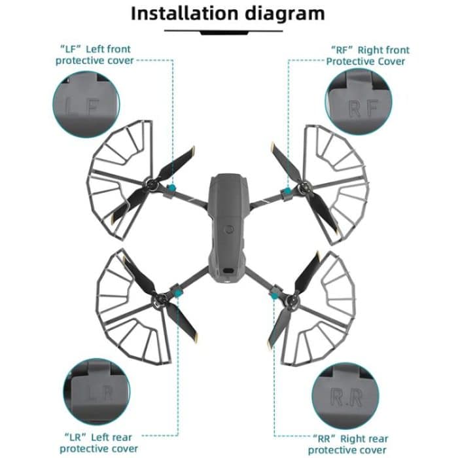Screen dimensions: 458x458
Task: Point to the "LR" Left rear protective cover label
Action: [98, 443]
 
